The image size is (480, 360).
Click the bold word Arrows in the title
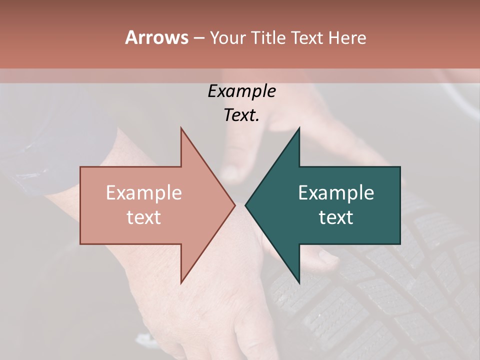click(x=156, y=37)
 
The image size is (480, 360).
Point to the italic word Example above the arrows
click(x=241, y=91)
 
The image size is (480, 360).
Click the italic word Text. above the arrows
click(x=241, y=115)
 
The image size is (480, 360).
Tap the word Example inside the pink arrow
click(x=144, y=193)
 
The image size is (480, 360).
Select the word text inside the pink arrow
click(x=144, y=217)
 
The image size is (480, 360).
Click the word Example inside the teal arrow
click(x=336, y=193)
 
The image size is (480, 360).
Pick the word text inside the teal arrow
click(x=336, y=217)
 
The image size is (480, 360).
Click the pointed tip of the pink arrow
click(x=234, y=205)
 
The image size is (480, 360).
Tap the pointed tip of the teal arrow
click(x=246, y=205)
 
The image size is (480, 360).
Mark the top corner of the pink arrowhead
click(x=181, y=128)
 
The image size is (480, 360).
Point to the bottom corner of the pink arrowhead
click(x=181, y=282)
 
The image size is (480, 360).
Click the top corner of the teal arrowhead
click(x=299, y=128)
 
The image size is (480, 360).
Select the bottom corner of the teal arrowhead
click(x=299, y=282)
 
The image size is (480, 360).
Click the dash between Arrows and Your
click(x=198, y=38)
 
